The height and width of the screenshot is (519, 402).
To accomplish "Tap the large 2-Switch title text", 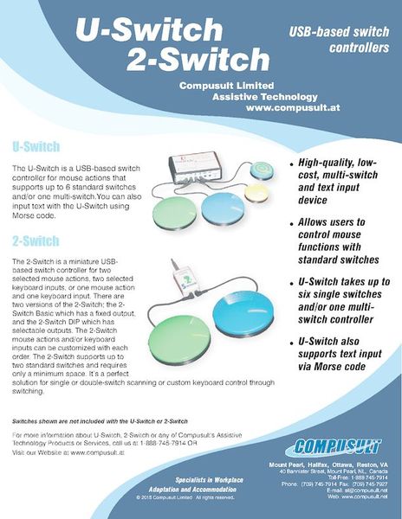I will (x=198, y=59).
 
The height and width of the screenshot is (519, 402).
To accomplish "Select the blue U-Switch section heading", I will (x=36, y=144).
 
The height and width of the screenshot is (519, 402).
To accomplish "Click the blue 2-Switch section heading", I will (x=36, y=240).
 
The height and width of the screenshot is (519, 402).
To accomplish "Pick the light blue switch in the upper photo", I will (x=228, y=208).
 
